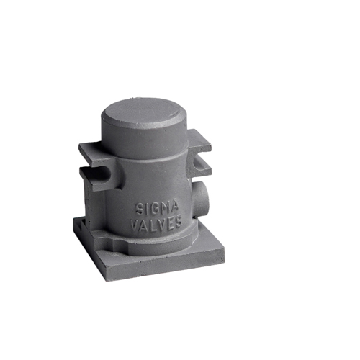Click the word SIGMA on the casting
(157, 208)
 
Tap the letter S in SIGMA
(139, 209)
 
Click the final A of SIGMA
(174, 207)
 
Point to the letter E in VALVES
(169, 223)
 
